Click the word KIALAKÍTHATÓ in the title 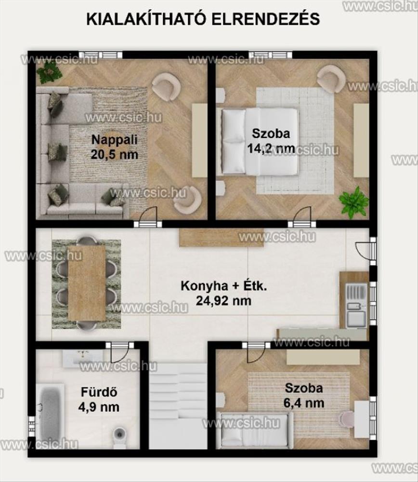(x=146, y=19)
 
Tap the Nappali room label (x=114, y=140)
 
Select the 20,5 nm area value (x=114, y=154)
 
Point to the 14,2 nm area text (x=271, y=148)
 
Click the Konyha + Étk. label (x=224, y=286)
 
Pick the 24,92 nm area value (x=223, y=301)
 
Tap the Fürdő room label (x=99, y=392)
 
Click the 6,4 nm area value (x=304, y=402)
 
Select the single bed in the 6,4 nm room (x=255, y=430)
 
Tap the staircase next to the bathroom (x=178, y=406)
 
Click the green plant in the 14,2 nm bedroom (x=354, y=202)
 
